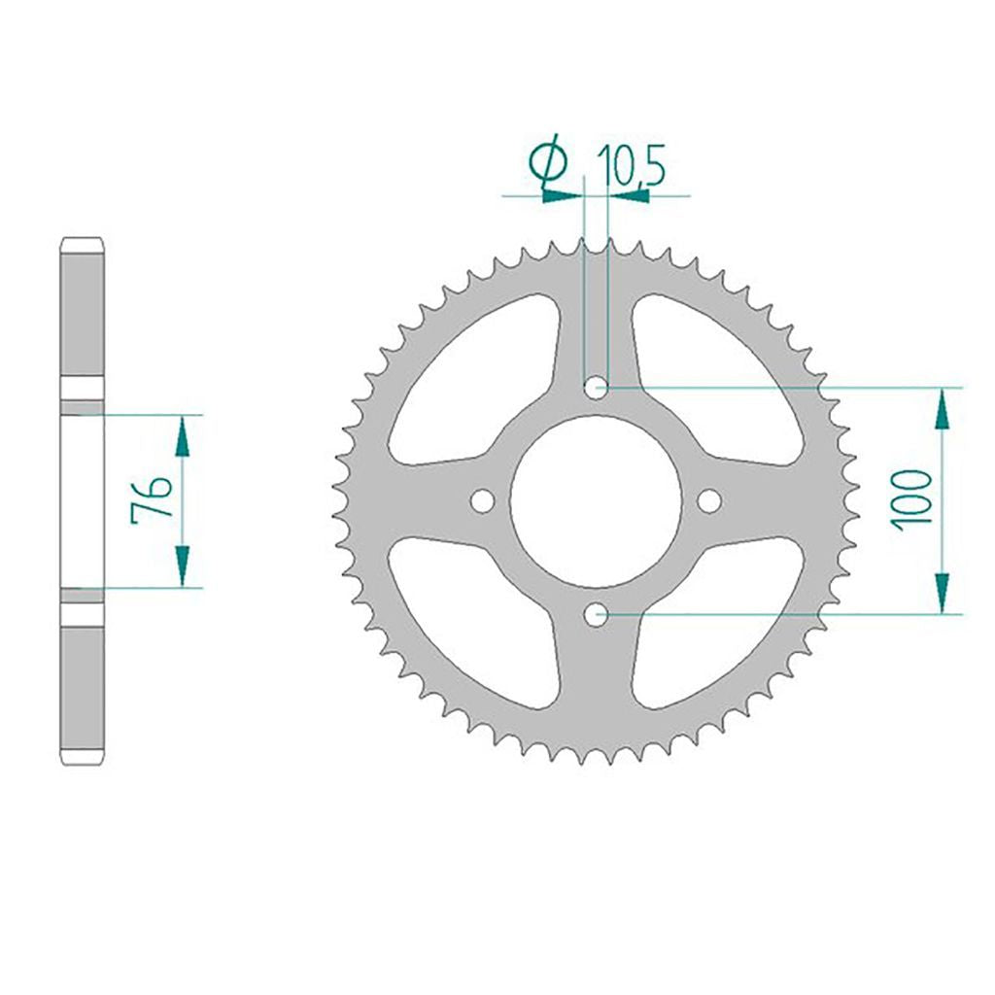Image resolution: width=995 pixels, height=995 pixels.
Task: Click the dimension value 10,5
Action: (x=631, y=166)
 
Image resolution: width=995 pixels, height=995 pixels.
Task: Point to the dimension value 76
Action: (x=151, y=499)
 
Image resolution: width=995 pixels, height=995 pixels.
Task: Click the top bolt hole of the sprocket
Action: (x=596, y=387)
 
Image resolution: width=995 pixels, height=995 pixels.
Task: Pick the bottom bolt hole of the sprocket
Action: (x=596, y=614)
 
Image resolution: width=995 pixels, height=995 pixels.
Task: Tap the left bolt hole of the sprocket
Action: (x=482, y=500)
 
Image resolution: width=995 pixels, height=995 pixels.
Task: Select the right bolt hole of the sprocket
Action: (x=709, y=500)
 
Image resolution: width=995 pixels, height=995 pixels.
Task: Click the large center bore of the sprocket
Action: (x=596, y=500)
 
